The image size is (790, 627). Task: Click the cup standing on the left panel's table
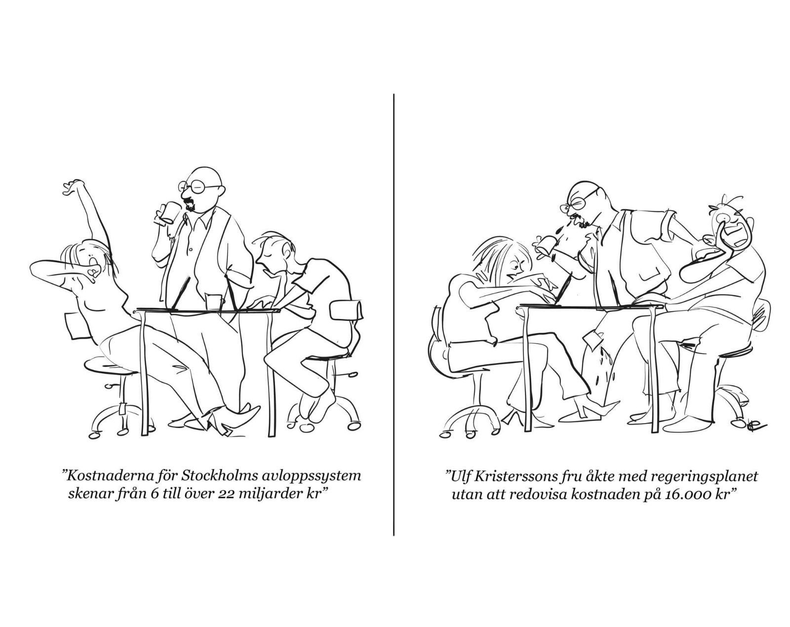(x=215, y=303)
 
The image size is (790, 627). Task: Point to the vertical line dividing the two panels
(x=394, y=314)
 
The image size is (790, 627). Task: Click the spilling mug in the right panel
(x=545, y=245)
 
